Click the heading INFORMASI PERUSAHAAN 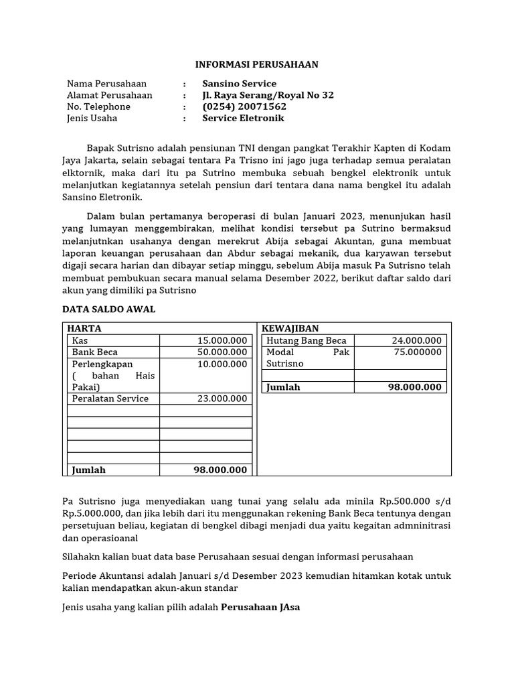click(x=257, y=64)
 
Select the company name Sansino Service click(x=239, y=84)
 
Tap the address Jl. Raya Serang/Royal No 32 click(x=268, y=95)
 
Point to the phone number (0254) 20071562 click(x=244, y=107)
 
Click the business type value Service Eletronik click(x=243, y=118)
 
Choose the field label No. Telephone click(x=98, y=107)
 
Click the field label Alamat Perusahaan click(x=110, y=95)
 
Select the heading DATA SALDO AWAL click(x=108, y=309)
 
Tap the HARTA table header click(x=84, y=328)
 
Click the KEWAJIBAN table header click(x=290, y=328)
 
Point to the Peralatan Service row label click(x=110, y=399)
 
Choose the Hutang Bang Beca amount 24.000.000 click(x=416, y=340)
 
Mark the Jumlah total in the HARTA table click(x=220, y=470)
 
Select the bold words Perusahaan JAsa click(x=261, y=608)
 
